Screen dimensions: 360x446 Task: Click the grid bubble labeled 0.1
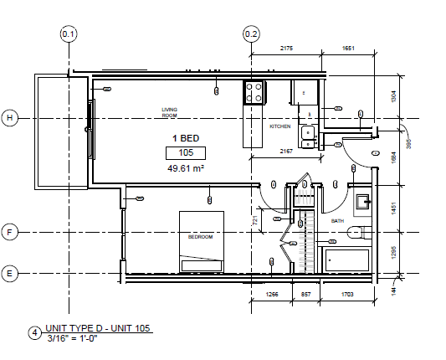(69, 33)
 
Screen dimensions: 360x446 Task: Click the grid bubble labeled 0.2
(252, 33)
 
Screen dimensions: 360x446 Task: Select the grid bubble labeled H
(11, 117)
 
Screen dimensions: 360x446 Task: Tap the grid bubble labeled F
(11, 232)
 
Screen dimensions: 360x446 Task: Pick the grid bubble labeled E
(11, 273)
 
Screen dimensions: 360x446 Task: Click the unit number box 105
(187, 152)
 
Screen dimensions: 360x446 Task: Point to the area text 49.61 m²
(187, 168)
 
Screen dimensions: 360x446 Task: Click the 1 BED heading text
(186, 137)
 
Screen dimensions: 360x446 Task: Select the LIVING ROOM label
(170, 111)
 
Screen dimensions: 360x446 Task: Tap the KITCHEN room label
(279, 126)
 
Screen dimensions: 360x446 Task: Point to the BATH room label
(337, 221)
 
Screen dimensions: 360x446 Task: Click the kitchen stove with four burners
(254, 92)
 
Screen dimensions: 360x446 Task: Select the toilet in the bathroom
(358, 232)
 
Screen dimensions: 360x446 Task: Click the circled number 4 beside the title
(34, 332)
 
